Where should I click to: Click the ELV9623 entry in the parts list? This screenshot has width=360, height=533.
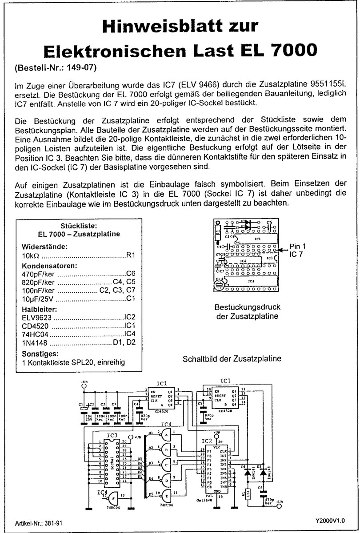[x=37, y=318]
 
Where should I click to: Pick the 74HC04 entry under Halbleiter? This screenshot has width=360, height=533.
[x=35, y=334]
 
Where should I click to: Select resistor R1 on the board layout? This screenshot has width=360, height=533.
[x=218, y=231]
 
